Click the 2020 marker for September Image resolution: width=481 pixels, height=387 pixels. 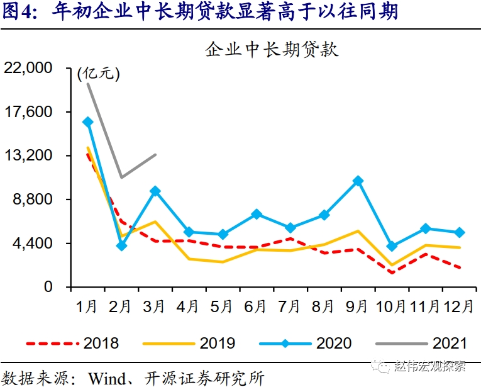(x=358, y=181)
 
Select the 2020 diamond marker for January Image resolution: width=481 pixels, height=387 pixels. (x=88, y=122)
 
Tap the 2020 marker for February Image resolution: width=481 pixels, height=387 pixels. (x=122, y=245)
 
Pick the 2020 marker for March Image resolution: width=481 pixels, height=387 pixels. (x=155, y=191)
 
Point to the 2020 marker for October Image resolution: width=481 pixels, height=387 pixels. (x=392, y=246)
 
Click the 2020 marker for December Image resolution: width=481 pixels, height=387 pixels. (x=460, y=233)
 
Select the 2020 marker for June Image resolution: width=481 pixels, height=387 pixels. (x=257, y=215)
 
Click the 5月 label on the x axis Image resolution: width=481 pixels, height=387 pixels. (x=223, y=306)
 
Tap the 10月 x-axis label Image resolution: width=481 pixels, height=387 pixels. (x=392, y=306)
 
